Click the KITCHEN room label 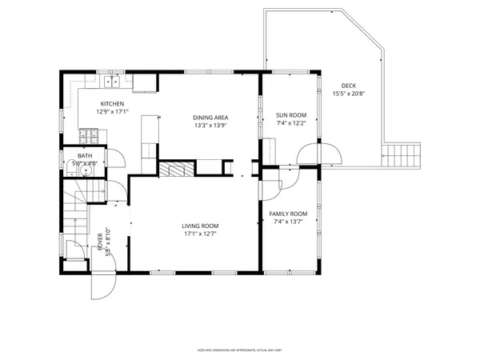112,104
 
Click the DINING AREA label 210,116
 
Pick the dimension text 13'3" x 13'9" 210,125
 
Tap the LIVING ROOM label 201,226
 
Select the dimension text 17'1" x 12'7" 201,235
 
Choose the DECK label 349,86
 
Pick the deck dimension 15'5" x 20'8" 349,94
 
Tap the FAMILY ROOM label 288,214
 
